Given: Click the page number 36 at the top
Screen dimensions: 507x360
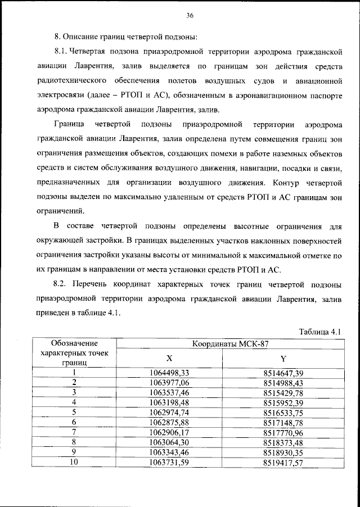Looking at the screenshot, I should coord(190,15).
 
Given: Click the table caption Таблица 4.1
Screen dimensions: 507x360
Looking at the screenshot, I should coord(321,332).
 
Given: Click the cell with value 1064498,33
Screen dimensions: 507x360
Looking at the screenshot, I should coord(169,372).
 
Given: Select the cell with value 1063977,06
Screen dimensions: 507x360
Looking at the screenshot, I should coord(169,382).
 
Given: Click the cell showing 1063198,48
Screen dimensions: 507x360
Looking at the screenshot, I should coord(169,402).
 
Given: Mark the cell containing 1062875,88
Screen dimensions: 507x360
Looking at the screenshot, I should coord(169,422).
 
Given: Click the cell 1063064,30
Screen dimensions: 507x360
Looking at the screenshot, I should coord(169,442).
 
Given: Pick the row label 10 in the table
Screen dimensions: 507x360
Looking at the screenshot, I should coord(74,462).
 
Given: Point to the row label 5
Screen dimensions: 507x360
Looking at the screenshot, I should coord(74,412).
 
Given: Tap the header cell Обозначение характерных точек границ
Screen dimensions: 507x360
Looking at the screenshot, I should coord(74,353).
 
